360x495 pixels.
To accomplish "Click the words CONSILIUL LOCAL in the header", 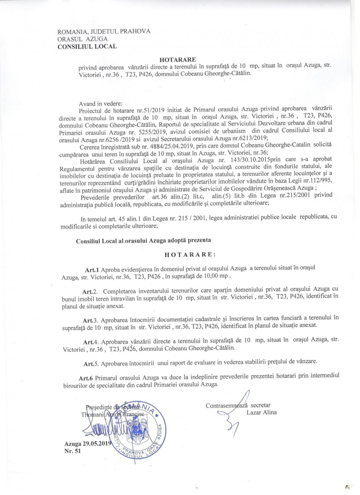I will pos(87,46).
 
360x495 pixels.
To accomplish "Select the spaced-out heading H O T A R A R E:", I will pos(189,254).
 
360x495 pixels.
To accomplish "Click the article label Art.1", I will pos(92,268).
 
